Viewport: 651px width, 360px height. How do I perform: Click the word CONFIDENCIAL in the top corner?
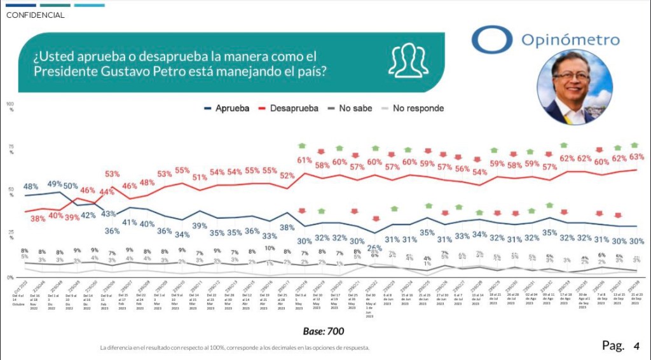(x=35, y=15)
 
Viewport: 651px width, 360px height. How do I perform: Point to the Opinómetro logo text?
(x=570, y=40)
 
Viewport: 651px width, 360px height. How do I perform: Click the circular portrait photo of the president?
(x=575, y=87)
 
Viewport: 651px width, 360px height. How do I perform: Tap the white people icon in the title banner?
(x=408, y=60)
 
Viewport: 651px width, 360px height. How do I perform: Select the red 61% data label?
(x=304, y=160)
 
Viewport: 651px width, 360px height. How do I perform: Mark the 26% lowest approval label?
(x=374, y=247)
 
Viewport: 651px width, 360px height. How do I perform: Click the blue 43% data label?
(x=107, y=214)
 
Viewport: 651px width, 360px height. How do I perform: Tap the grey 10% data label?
(x=270, y=249)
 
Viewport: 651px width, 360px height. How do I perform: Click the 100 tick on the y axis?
(x=10, y=103)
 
